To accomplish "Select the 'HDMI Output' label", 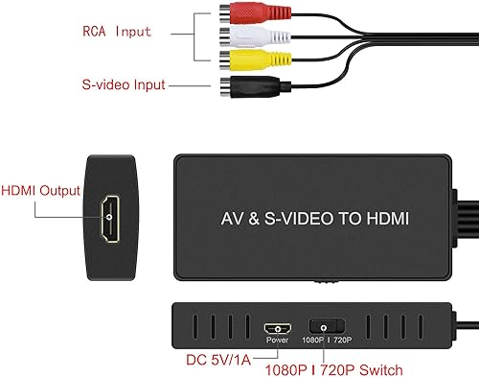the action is (39, 190).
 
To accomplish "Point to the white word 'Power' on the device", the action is (276, 341).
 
